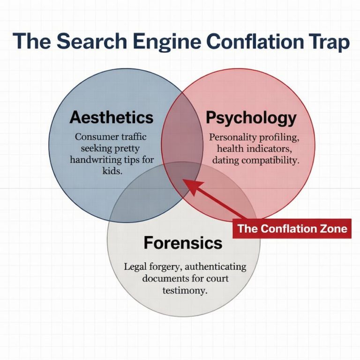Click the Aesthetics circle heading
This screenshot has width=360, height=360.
click(111, 117)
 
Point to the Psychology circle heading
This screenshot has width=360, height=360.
click(251, 118)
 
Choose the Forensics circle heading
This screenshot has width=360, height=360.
click(183, 242)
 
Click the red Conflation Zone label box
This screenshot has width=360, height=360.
click(292, 229)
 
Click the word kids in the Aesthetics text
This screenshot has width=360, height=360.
click(111, 171)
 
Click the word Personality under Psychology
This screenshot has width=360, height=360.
click(232, 137)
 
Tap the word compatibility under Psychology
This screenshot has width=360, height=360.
click(270, 160)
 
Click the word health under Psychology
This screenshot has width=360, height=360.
click(232, 149)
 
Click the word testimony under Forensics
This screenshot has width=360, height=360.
click(185, 290)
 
